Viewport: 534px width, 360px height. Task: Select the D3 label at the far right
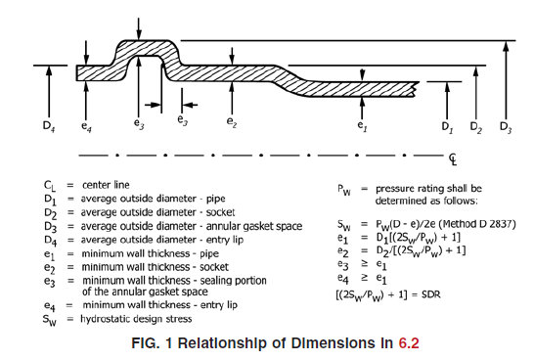[x=504, y=127]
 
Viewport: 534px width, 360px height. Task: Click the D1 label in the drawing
[x=446, y=127]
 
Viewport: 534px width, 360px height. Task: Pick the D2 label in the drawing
[x=475, y=127]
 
